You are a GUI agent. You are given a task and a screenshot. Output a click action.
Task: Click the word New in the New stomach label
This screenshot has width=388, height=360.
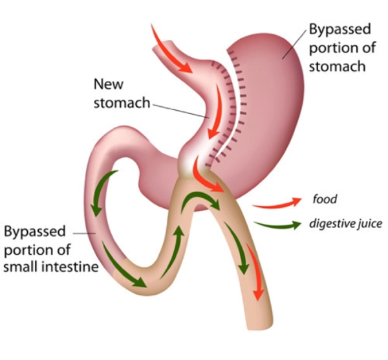pyautogui.click(x=107, y=84)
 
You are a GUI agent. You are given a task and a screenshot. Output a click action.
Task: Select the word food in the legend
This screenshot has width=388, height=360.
pyautogui.click(x=324, y=199)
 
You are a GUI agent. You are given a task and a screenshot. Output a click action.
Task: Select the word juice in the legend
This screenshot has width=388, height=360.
pyautogui.click(x=368, y=224)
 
